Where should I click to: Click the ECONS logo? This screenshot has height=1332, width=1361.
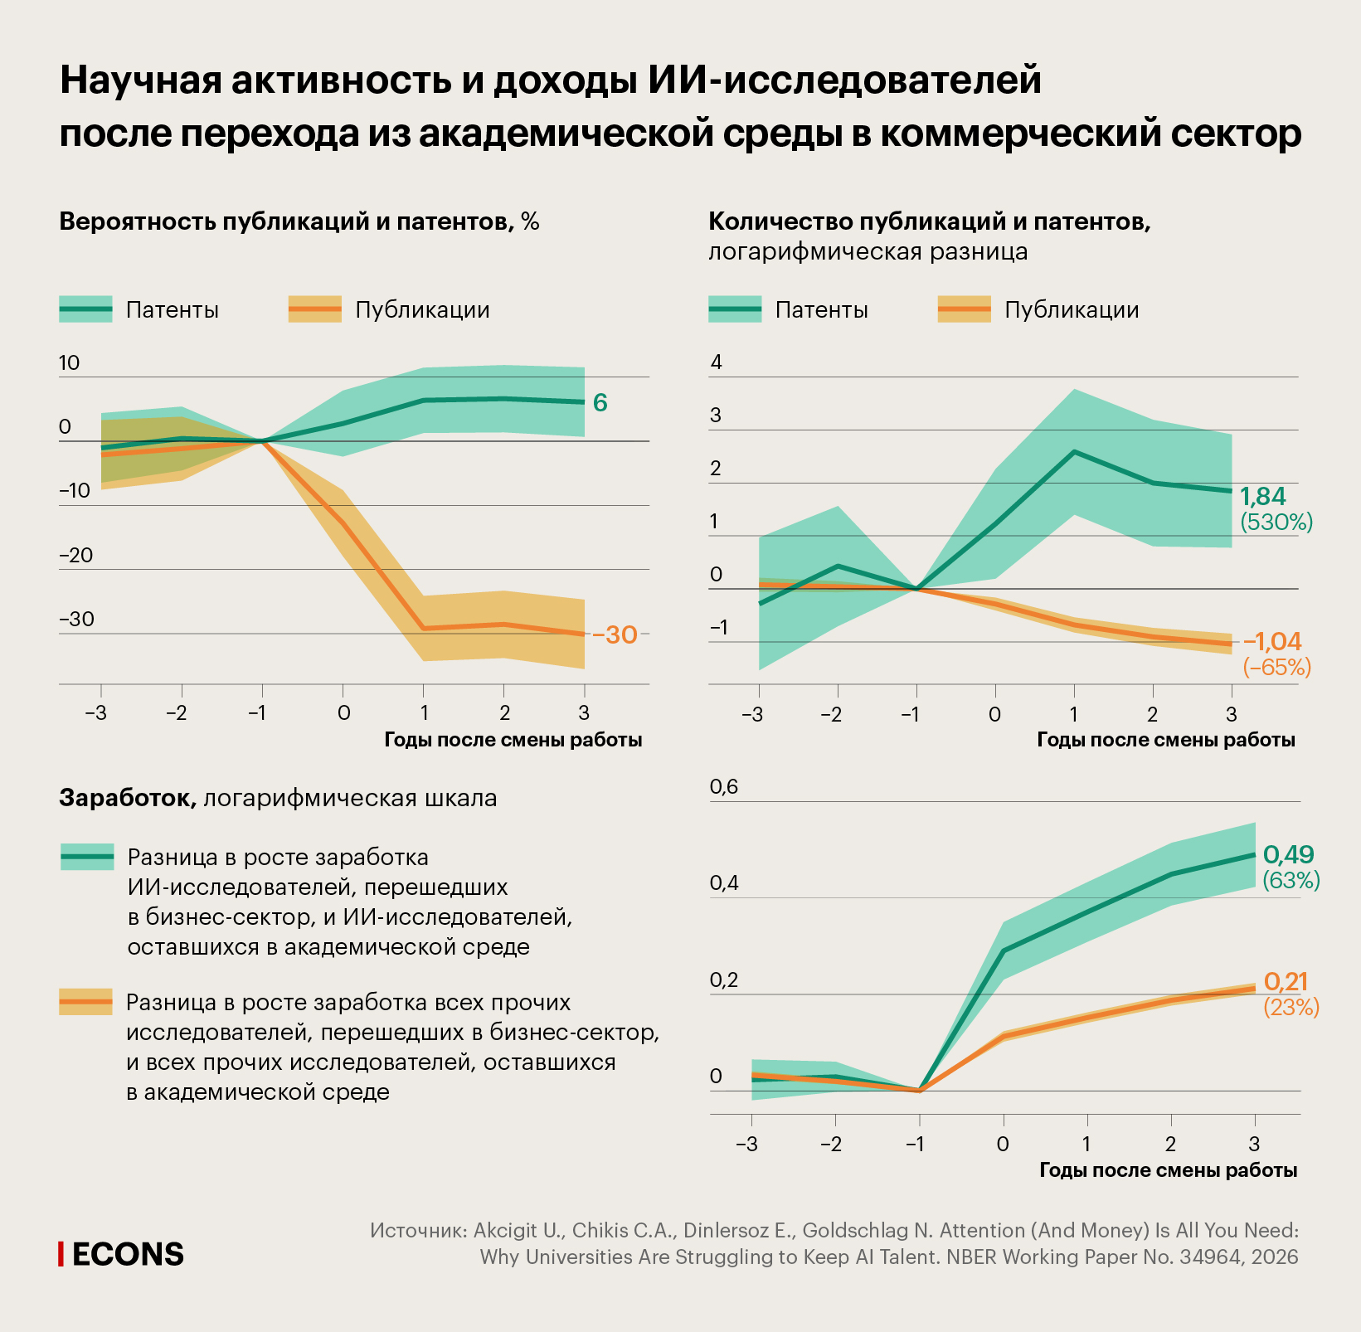point(122,1254)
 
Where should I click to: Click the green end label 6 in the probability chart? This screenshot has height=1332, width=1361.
point(600,403)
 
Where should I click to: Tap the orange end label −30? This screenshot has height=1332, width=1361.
point(614,634)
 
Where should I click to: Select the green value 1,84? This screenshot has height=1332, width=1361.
point(1262,497)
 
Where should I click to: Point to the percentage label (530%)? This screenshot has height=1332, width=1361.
point(1276,523)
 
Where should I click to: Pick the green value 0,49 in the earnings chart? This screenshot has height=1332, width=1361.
point(1288,854)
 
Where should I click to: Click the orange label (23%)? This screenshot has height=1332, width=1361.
point(1291,1008)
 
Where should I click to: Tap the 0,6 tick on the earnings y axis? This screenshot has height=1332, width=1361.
point(723,787)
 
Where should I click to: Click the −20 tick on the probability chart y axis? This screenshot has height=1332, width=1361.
point(75,555)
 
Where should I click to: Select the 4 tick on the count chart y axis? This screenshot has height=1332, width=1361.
point(717,362)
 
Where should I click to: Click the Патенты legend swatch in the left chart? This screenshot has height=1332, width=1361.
point(85,309)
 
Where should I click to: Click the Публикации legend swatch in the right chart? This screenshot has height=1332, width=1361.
point(964,309)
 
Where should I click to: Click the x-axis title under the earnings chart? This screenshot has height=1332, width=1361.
point(1168,1170)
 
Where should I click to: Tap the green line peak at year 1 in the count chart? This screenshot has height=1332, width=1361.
point(1074,452)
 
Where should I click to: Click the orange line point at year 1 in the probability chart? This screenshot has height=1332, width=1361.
point(423,628)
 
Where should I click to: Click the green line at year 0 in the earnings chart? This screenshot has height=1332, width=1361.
point(1004,950)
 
